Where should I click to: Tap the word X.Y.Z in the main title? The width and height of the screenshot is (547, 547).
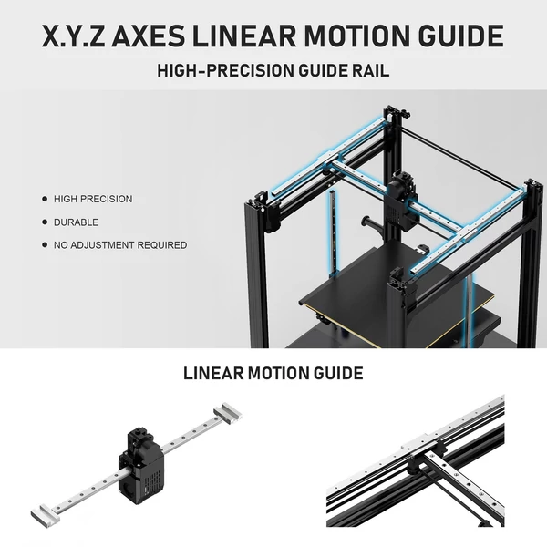point(73,36)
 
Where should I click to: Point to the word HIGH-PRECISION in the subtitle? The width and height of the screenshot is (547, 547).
point(226,70)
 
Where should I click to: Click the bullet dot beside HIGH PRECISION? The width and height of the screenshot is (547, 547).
point(45,199)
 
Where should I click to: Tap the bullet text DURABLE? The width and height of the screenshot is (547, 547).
point(76,222)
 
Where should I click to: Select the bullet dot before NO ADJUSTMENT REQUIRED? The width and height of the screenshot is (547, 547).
point(45,245)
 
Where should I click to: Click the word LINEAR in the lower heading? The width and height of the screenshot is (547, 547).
point(213,373)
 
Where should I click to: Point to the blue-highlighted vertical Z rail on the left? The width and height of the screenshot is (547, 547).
point(334,233)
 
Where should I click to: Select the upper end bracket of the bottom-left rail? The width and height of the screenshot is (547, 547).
point(228,413)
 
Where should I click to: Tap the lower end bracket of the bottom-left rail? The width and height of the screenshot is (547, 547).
point(45,516)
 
